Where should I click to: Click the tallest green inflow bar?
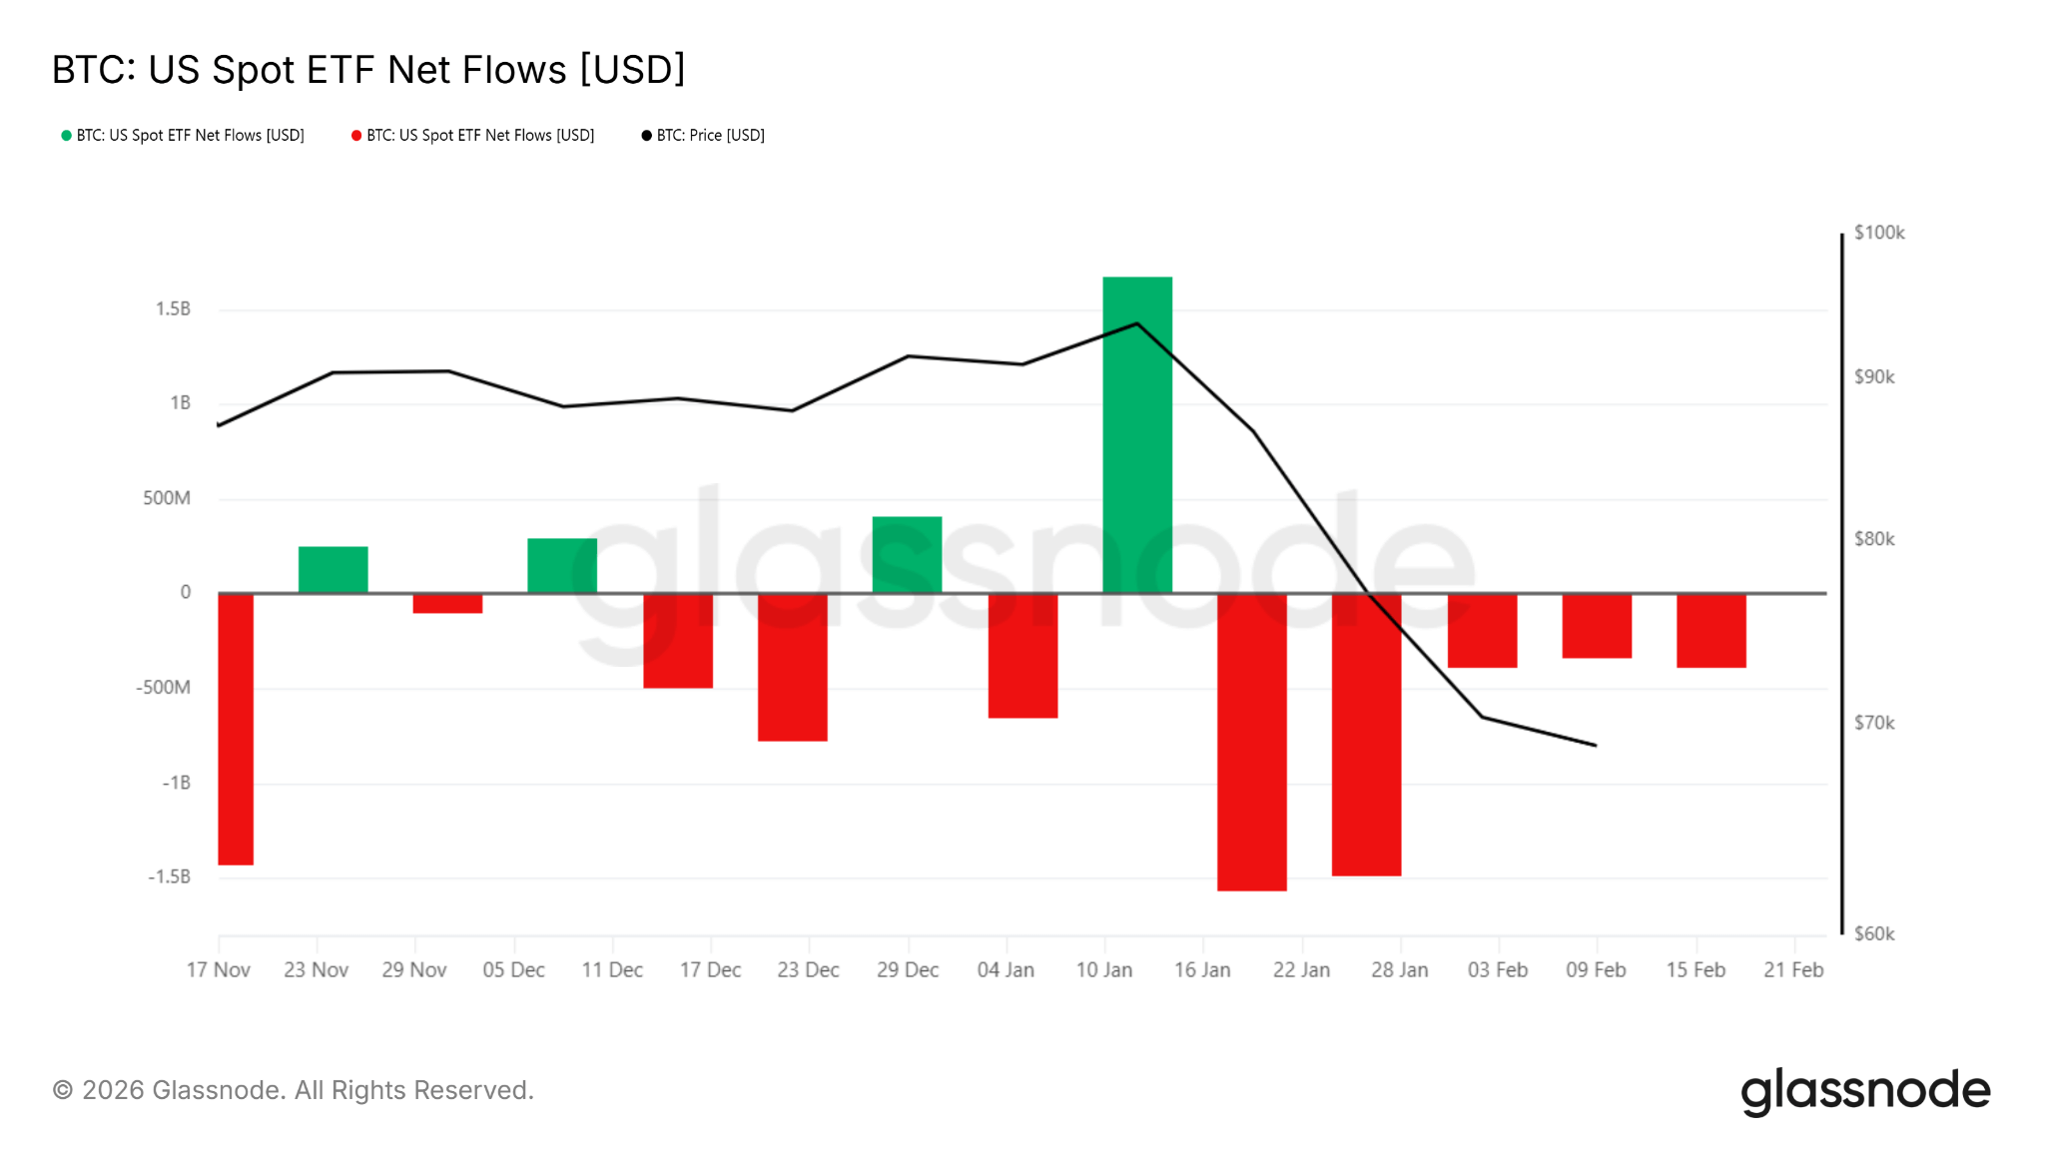pyautogui.click(x=1136, y=434)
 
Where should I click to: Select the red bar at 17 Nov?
pyautogui.click(x=236, y=729)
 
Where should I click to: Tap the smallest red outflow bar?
pyautogui.click(x=447, y=603)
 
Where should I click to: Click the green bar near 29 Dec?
pyautogui.click(x=907, y=555)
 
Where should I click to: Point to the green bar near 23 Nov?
pyautogui.click(x=333, y=570)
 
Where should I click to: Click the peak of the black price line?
pyautogui.click(x=1136, y=323)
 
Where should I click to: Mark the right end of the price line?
pyautogui.click(x=1596, y=745)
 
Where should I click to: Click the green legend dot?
pyautogui.click(x=66, y=136)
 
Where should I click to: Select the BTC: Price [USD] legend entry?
pyautogui.click(x=710, y=136)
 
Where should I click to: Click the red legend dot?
pyautogui.click(x=356, y=136)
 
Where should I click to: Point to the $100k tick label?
pyautogui.click(x=1878, y=233)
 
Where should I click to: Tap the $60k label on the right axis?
pyautogui.click(x=1873, y=934)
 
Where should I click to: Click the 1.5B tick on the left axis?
pyautogui.click(x=173, y=309)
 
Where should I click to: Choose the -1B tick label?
pyautogui.click(x=177, y=783)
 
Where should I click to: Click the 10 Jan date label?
pyautogui.click(x=1103, y=970)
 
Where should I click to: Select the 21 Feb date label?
pyautogui.click(x=1792, y=970)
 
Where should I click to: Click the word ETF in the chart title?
pyautogui.click(x=341, y=70)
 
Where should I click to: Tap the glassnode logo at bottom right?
pyautogui.click(x=1864, y=1091)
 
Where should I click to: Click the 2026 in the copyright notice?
pyautogui.click(x=113, y=1090)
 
